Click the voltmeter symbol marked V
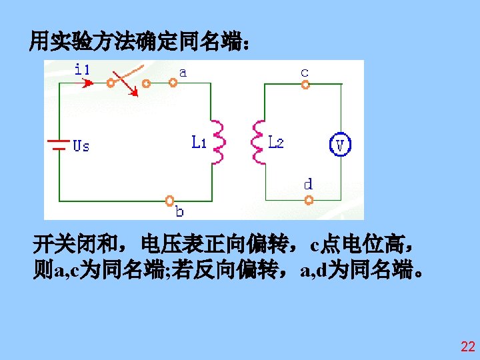341,145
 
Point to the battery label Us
81,145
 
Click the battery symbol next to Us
59,145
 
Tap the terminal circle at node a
173,84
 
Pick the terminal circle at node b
170,200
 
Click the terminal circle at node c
305,85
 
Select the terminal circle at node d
308,200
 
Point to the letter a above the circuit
182,71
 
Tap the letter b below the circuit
179,212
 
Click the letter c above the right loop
304,71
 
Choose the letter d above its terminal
308,183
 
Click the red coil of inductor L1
218,142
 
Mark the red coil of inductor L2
257,142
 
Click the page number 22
467,347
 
